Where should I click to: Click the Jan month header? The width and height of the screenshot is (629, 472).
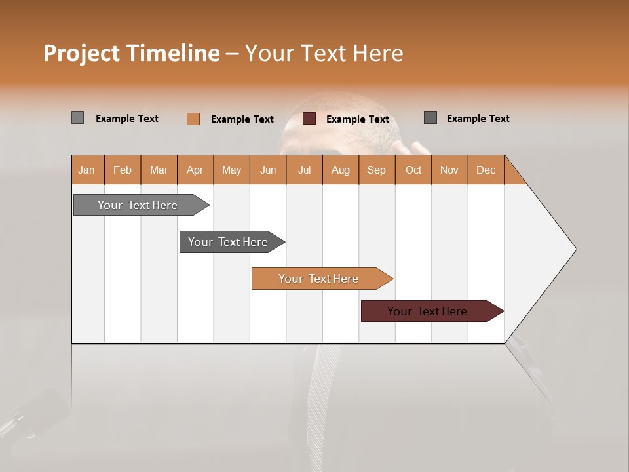(x=86, y=170)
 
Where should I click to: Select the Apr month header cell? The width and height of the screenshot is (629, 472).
(x=195, y=170)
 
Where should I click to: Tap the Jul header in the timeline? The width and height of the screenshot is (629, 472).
(x=304, y=170)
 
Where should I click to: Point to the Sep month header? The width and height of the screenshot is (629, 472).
(x=376, y=170)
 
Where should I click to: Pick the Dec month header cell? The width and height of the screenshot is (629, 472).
(x=486, y=170)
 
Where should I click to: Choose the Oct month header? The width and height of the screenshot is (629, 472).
(x=413, y=170)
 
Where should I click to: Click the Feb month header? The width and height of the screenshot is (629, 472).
(x=123, y=170)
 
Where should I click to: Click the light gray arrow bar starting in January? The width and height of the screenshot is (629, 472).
(x=138, y=205)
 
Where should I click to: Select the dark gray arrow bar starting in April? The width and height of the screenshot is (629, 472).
(x=228, y=242)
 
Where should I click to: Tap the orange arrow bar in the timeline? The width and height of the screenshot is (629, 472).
(x=318, y=279)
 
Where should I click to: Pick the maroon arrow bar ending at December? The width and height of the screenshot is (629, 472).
(x=427, y=311)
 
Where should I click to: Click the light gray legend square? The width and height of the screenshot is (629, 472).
(x=77, y=118)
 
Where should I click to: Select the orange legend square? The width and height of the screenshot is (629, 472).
(x=193, y=119)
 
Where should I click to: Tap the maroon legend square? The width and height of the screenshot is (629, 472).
(x=309, y=119)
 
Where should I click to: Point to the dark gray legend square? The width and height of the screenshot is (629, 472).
(x=430, y=118)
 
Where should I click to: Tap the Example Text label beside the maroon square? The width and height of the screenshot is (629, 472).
(x=357, y=119)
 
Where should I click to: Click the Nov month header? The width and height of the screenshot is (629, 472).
(x=449, y=170)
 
